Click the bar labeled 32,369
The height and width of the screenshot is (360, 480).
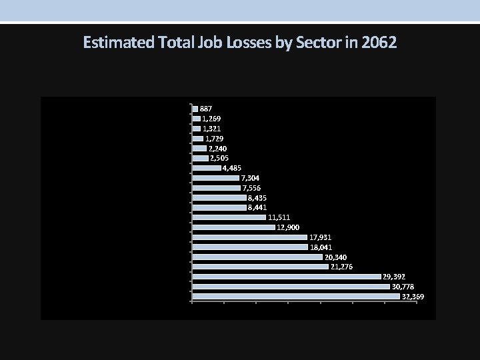tap(295, 296)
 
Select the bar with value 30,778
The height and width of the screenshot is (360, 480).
tap(291, 286)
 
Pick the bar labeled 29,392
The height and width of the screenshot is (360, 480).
tap(286, 276)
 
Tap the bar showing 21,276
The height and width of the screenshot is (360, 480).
tap(260, 267)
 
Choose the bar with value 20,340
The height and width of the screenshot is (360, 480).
tap(257, 257)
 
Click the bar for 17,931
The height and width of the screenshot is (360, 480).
tap(249, 237)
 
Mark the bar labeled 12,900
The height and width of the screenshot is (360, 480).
tap(233, 227)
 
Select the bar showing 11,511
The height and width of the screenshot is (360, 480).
tap(229, 217)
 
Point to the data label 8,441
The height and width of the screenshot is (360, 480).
tap(258, 207)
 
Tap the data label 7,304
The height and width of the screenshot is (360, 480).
tap(251, 178)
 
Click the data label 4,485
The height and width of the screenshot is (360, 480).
tap(232, 168)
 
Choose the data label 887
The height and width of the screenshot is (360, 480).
tap(206, 109)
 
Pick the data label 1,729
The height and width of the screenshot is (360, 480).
tap(213, 138)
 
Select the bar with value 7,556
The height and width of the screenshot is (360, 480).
tap(216, 188)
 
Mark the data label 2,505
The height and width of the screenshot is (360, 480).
tap(219, 158)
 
